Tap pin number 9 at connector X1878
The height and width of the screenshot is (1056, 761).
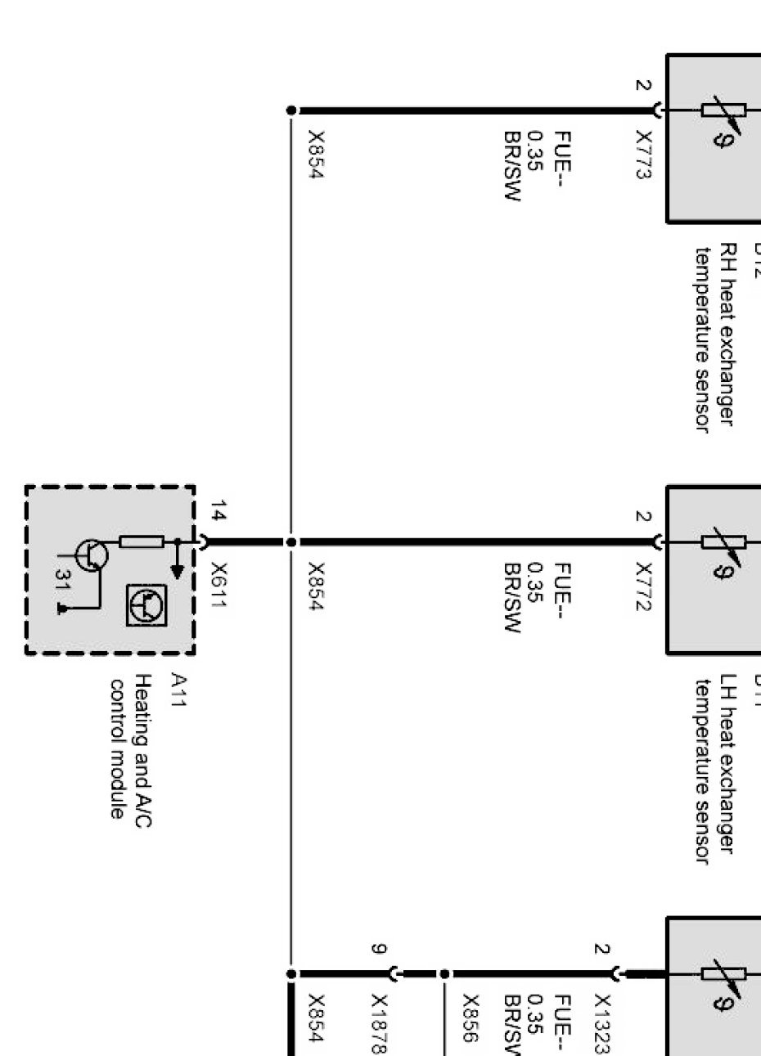(x=378, y=949)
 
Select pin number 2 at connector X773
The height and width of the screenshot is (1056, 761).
(x=642, y=84)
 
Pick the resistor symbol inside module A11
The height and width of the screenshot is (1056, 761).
(x=142, y=541)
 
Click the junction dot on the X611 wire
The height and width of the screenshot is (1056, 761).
(x=291, y=541)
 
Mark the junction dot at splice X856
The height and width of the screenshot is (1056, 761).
(x=444, y=974)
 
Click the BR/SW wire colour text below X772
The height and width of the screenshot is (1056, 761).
(x=512, y=598)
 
